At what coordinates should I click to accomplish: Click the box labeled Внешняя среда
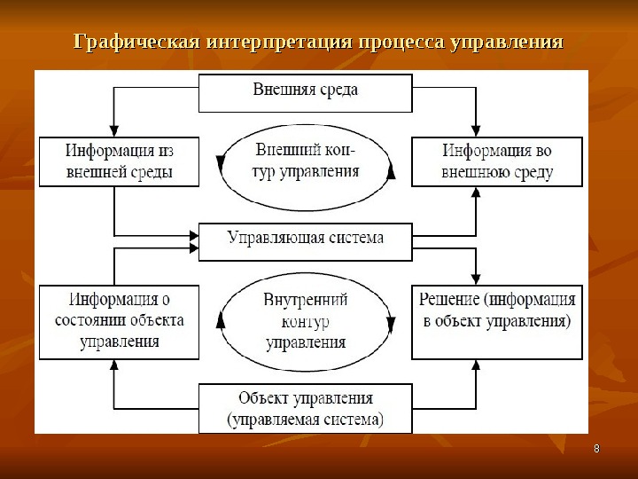pos(305,92)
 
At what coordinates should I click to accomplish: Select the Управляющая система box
pos(305,240)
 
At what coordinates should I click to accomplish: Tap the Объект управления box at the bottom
pos(305,407)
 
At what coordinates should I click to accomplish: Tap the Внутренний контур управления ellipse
pos(305,320)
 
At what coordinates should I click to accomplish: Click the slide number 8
pos(596,450)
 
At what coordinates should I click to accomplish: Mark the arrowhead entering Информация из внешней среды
pos(114,131)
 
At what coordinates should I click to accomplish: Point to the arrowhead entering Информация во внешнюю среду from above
pos(477,131)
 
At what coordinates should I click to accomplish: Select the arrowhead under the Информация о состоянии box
pos(114,365)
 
